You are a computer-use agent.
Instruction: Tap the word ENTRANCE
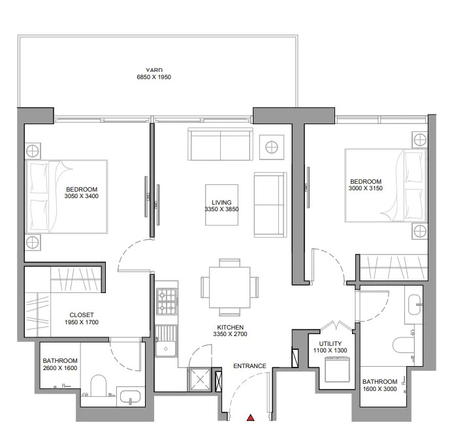click(250, 366)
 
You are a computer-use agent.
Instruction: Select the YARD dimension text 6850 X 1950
click(153, 77)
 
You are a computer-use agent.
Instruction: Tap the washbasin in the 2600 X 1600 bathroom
click(128, 396)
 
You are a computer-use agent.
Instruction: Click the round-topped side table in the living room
click(271, 145)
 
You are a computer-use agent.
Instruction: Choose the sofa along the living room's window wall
click(219, 144)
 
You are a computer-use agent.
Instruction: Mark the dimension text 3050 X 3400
click(82, 195)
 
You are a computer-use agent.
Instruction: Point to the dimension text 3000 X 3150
click(365, 188)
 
